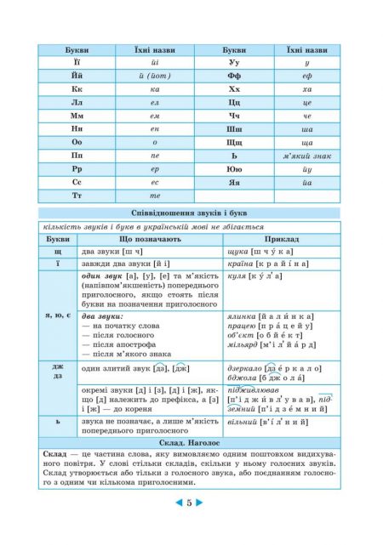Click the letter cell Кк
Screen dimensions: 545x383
[71, 88]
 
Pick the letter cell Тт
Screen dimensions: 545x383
[71, 196]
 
